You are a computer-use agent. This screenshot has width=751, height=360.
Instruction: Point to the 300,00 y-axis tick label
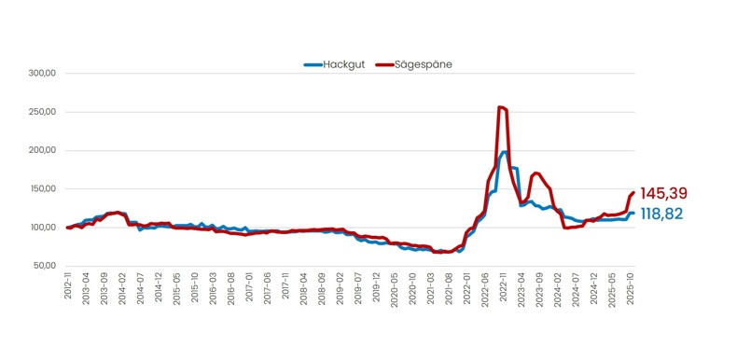(x=42, y=74)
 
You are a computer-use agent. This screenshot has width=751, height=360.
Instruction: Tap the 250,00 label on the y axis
(x=42, y=112)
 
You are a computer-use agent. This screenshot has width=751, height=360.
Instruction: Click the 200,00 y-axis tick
(x=42, y=150)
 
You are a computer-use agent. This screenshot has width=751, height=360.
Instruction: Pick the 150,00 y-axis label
(x=42, y=188)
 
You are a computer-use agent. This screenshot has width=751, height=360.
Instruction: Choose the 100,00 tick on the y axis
(x=42, y=228)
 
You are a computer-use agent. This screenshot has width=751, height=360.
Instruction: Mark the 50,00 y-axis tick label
(x=44, y=266)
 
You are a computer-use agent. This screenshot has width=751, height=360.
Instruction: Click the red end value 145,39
(x=664, y=193)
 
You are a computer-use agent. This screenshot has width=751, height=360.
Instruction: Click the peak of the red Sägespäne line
(x=501, y=107)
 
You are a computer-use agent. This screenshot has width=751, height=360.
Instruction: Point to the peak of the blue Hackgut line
(x=505, y=152)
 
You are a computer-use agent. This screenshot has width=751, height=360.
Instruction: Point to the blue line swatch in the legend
(x=313, y=64)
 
